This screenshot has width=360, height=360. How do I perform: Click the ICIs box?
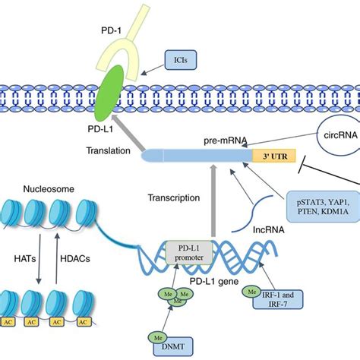click(181, 60)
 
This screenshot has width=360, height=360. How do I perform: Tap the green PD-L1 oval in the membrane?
click(109, 93)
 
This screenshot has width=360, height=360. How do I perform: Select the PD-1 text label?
click(111, 30)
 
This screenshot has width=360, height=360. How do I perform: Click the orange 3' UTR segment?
click(274, 156)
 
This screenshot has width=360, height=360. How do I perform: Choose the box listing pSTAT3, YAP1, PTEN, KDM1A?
click(323, 207)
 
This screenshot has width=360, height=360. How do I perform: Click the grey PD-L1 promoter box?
click(189, 252)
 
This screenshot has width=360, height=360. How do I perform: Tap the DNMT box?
click(173, 346)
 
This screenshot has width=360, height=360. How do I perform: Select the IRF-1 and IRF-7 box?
click(278, 299)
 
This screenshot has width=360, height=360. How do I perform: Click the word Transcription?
click(174, 197)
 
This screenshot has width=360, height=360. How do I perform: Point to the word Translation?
click(109, 150)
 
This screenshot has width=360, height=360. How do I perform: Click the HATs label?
click(25, 259)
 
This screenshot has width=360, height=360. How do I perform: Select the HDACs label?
click(75, 259)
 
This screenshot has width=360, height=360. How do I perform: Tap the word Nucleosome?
click(49, 189)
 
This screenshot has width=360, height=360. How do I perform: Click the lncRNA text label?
click(269, 230)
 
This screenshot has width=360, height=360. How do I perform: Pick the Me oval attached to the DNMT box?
click(158, 338)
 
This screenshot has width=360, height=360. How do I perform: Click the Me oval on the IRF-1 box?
click(252, 292)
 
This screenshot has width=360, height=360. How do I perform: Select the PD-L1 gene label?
click(214, 281)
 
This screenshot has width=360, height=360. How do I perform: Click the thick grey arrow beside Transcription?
click(213, 201)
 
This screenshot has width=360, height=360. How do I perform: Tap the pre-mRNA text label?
click(226, 141)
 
